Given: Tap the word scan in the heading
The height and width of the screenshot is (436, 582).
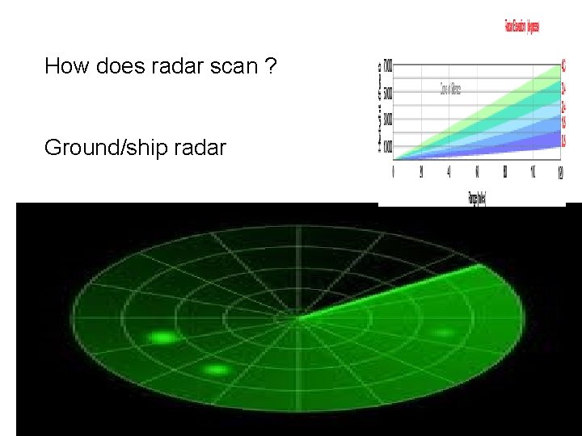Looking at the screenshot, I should (233, 66).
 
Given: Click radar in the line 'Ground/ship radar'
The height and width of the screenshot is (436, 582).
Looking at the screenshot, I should (196, 149).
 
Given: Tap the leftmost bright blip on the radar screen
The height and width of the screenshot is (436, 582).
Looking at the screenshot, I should (163, 337).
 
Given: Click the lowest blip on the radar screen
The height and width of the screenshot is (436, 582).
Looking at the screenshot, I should (216, 370).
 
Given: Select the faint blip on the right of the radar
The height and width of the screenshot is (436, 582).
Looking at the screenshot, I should (443, 333).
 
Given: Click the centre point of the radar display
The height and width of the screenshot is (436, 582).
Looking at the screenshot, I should (298, 318).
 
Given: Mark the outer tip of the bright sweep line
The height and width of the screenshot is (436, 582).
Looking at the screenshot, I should (480, 264).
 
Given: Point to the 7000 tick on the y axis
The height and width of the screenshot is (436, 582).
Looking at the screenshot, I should (388, 64).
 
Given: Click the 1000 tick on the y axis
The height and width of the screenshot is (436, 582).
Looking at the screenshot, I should (388, 146).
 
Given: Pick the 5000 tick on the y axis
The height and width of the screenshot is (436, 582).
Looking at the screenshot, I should (388, 92).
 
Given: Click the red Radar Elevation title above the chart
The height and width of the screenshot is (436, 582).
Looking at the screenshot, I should (521, 27).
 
